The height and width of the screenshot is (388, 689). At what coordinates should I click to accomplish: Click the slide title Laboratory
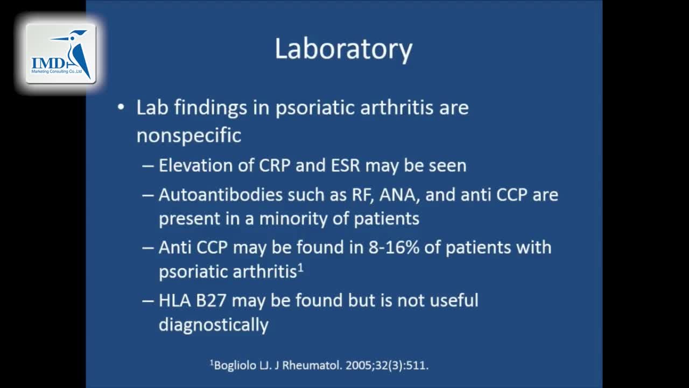click(343, 49)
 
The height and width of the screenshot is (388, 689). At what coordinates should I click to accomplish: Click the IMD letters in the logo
click(48, 64)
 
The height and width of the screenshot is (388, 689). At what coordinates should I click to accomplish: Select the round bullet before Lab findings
click(121, 107)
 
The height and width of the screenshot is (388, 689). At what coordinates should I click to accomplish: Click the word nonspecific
click(189, 135)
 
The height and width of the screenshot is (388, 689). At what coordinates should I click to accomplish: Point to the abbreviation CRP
click(275, 165)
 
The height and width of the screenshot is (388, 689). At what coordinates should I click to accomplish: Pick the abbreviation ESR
click(346, 165)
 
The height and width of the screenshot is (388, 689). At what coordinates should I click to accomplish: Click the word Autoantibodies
click(221, 195)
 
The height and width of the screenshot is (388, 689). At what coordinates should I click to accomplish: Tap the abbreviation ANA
click(399, 195)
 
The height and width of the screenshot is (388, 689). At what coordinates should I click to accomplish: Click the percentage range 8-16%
click(393, 247)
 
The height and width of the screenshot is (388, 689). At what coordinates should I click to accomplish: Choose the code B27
click(212, 301)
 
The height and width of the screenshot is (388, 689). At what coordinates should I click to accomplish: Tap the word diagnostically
click(214, 325)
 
